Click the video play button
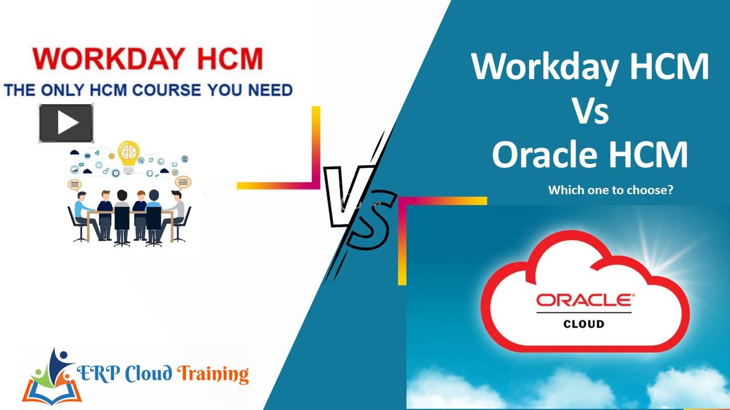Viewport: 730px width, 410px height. point(66,123)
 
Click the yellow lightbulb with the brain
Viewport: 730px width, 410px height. point(128,155)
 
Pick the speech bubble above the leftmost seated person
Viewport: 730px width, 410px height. point(75,183)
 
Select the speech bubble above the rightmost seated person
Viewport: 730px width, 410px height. point(182,182)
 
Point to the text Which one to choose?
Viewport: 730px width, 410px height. point(610,190)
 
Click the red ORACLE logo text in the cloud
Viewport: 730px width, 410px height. point(584,300)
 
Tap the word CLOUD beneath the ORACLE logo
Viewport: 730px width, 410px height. point(584,323)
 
